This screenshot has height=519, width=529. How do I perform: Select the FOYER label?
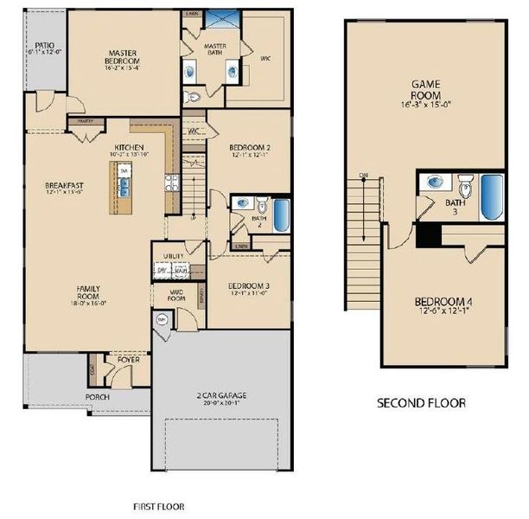point(117,358)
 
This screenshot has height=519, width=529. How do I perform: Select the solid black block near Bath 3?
point(426,235)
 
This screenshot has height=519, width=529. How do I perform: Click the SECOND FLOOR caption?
point(422,403)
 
